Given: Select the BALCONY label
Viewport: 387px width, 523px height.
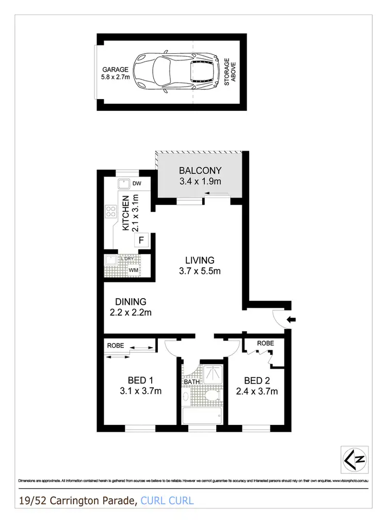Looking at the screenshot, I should (x=200, y=171).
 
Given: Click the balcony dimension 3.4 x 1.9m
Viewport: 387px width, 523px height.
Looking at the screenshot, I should (x=200, y=181).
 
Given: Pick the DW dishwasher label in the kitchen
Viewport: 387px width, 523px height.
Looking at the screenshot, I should (x=137, y=183).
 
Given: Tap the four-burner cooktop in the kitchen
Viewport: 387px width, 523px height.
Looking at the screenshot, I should (x=110, y=210).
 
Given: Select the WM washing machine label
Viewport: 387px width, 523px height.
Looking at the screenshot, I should (x=134, y=269).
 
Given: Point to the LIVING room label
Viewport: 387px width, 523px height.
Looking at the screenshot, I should (x=200, y=260).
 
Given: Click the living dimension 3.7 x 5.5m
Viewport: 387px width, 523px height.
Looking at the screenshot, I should (x=200, y=271).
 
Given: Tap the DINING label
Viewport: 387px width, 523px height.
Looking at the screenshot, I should (x=131, y=302).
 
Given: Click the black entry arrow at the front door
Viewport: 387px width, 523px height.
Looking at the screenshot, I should (x=292, y=320).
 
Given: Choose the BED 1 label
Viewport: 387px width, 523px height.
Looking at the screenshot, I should (x=137, y=381).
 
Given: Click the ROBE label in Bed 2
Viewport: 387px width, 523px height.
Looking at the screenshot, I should (x=265, y=343).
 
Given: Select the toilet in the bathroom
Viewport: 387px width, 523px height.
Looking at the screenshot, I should (x=212, y=396).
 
